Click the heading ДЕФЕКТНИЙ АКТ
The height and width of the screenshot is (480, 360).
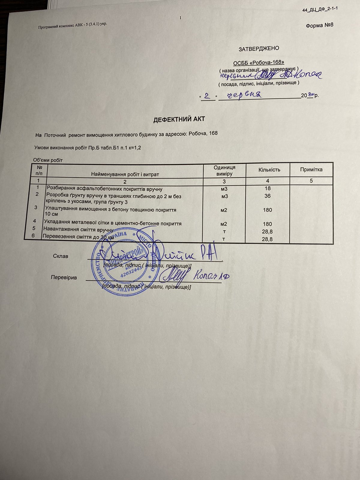179,119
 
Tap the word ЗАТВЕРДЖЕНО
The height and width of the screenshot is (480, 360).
259,48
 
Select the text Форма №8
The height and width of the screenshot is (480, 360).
319,25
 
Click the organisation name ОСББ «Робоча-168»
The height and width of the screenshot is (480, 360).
259,62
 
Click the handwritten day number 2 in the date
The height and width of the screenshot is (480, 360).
207,96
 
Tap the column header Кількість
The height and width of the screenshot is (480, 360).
269,170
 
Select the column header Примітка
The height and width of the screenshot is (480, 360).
311,169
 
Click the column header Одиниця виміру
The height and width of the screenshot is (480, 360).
224,170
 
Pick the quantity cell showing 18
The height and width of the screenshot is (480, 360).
268,188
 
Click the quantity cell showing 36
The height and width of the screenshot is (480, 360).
267,196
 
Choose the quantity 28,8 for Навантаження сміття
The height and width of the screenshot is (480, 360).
267,232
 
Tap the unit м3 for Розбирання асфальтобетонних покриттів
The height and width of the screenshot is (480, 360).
224,189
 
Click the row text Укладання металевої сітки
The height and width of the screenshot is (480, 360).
112,223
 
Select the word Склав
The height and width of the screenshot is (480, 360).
61,256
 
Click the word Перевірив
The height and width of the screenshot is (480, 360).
64,277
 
